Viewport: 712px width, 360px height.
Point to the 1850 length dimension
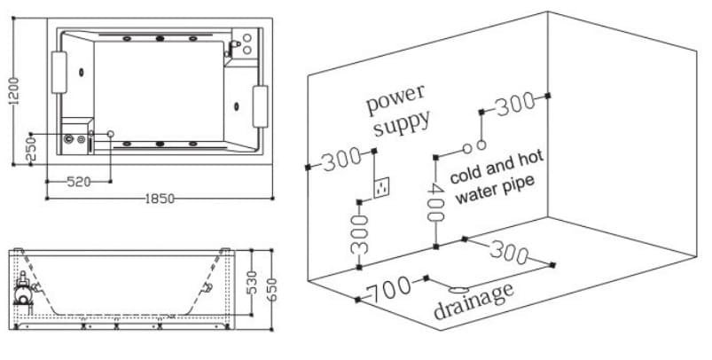[x=160, y=198]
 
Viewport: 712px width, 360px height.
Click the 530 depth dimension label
[x=251, y=284]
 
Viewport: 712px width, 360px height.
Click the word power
[x=396, y=99]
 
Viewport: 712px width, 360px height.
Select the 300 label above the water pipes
[x=515, y=106]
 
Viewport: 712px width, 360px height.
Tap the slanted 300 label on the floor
[x=509, y=253]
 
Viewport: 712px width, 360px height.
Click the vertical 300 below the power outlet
[x=359, y=233]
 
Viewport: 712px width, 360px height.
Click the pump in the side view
[x=24, y=290]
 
